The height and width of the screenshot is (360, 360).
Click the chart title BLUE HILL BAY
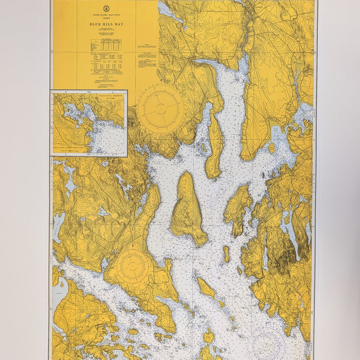105,24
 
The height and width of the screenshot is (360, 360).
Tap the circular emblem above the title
105,8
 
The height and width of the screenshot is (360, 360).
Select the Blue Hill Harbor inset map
89,123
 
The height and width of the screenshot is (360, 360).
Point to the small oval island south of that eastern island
226,254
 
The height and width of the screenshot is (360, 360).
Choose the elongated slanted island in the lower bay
206,288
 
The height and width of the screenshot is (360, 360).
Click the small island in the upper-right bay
272,148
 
